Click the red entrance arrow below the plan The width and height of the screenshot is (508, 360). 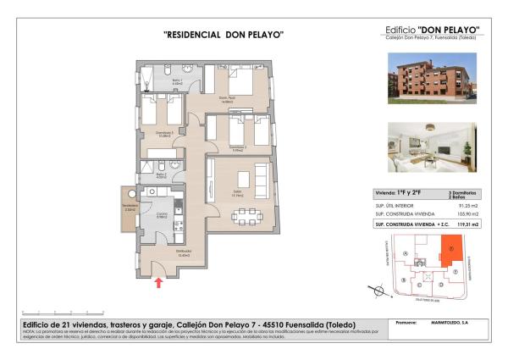158,282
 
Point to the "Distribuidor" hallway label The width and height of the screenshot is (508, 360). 185,252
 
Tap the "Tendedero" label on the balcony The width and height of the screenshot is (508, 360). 130,208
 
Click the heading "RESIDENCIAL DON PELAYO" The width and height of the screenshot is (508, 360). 222,35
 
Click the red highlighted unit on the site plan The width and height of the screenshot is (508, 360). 452,252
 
